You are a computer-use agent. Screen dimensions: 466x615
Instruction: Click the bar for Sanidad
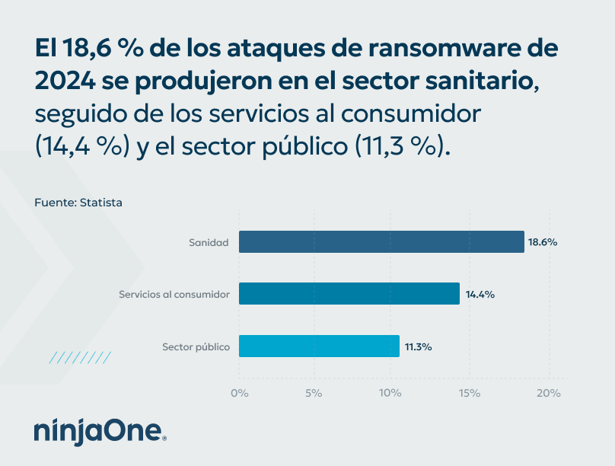point(381,242)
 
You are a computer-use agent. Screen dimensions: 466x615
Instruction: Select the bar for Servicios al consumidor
point(349,294)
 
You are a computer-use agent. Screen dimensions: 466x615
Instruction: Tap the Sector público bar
point(319,346)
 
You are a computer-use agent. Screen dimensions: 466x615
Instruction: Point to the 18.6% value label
point(543,242)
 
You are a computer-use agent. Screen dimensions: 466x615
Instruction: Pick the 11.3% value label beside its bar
point(418,346)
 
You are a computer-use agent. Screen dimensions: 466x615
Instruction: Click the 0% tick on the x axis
point(239,393)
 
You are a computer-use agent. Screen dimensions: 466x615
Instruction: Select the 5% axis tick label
point(314,393)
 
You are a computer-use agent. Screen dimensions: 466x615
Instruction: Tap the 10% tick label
point(390,393)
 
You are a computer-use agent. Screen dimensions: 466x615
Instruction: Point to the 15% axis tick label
point(469,393)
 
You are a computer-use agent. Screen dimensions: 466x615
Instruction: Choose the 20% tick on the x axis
point(548,393)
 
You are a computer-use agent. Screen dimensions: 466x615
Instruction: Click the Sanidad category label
point(209,243)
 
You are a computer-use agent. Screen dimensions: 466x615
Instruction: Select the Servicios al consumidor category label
point(174,295)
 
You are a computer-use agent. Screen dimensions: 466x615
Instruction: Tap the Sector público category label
point(196,347)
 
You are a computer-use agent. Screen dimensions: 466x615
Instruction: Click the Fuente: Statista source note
point(78,203)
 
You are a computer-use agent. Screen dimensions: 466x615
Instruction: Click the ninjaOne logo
point(100,432)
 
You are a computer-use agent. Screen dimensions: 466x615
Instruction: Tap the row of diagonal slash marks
point(80,357)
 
